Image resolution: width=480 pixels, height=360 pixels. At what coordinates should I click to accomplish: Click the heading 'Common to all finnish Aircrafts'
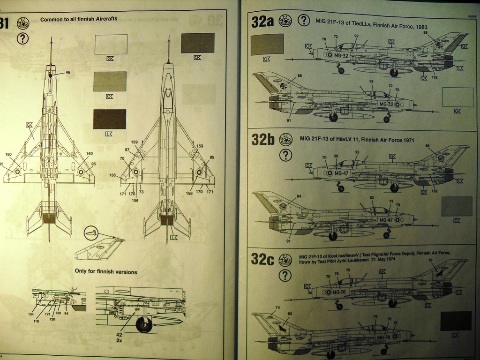pos(79,19)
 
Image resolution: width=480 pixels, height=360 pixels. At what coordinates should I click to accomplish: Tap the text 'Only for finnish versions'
pos(106,271)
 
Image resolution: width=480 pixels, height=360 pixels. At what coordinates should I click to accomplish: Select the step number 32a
pos(262,22)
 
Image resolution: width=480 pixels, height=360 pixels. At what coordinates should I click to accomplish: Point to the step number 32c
pos(262,259)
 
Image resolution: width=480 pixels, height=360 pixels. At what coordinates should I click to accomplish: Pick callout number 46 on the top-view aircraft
pos(67,73)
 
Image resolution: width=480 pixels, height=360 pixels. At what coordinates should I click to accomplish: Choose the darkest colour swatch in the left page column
pos(110,119)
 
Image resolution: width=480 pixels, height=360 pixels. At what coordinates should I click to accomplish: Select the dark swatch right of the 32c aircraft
pos(456,321)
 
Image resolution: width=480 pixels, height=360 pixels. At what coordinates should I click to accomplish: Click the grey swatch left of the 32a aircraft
pos(267,45)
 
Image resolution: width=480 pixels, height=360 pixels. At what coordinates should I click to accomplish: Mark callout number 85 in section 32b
pos(427,145)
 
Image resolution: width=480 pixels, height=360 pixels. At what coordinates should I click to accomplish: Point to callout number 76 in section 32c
pos(430,261)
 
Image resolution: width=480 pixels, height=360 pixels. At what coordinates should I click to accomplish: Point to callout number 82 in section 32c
pos(290,313)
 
